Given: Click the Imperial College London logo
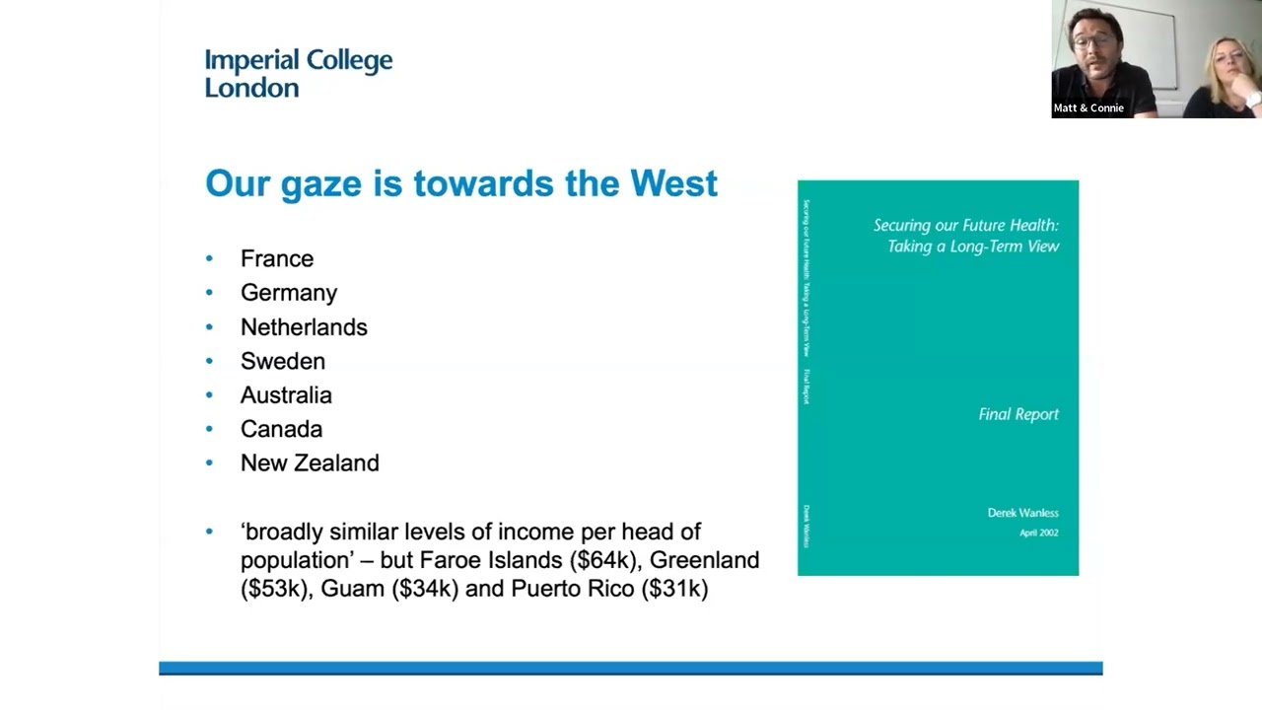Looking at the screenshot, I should point(298,74).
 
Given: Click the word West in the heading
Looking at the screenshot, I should point(673,183).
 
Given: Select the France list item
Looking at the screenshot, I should point(277,258).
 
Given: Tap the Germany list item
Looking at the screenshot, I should point(289,293).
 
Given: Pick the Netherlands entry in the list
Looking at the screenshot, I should point(304,327).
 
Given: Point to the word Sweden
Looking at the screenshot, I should point(283,361).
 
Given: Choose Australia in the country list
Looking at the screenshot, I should point(286,395).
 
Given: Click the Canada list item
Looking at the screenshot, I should point(281,429).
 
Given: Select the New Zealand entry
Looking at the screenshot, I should point(310,463).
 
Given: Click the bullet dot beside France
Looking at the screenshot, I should point(209,258).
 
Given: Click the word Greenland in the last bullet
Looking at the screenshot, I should point(704,560).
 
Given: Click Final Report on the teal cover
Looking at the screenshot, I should point(1018,414).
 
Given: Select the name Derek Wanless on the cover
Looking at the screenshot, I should point(1022,513).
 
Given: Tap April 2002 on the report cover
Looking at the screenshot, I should point(1038,532).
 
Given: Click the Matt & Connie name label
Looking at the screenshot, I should point(1088,108).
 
